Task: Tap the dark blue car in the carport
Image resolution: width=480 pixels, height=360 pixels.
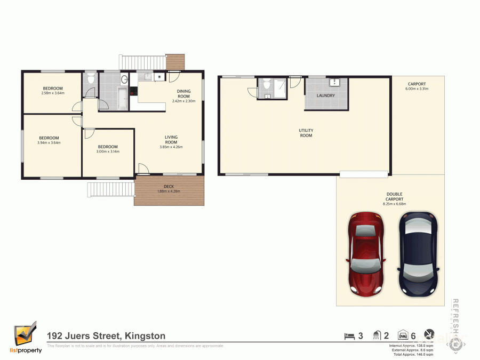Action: point(419,253)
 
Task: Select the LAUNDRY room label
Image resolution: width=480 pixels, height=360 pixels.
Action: point(325,96)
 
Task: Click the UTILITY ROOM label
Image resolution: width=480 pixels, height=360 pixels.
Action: point(306,133)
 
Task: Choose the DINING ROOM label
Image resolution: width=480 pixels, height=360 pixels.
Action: point(184,95)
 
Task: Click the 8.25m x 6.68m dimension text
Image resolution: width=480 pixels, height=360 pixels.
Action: point(395,204)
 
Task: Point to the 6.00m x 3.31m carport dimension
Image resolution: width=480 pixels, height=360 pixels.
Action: point(417,89)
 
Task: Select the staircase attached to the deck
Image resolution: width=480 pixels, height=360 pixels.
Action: point(111,189)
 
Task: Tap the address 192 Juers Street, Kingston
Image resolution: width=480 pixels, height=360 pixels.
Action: point(106,336)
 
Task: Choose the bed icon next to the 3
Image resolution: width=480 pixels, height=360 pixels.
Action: point(349,336)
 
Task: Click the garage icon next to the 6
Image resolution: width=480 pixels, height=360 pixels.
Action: point(404,336)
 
